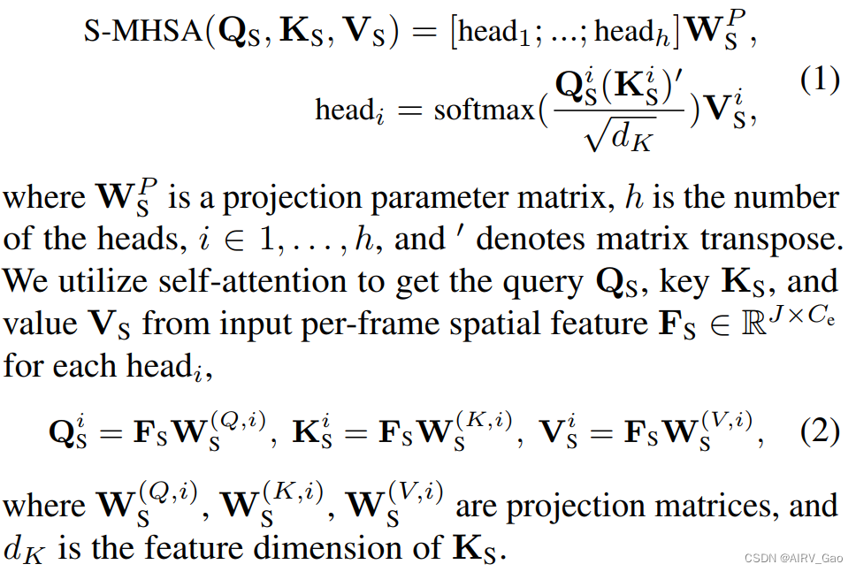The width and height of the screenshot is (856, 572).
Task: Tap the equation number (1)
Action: (x=819, y=80)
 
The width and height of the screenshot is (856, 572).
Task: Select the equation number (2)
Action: (x=819, y=433)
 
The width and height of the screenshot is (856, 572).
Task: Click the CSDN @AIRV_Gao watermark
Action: (x=793, y=559)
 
